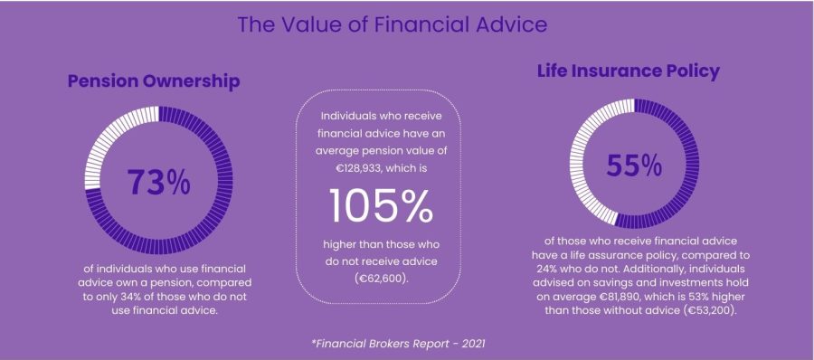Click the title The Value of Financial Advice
pyautogui.click(x=392, y=24)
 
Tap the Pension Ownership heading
pyautogui.click(x=153, y=82)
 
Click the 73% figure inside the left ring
pyautogui.click(x=158, y=182)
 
